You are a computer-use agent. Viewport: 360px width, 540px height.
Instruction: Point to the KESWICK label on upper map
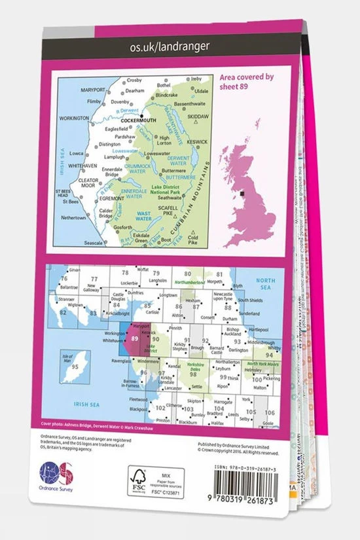[x=197, y=141]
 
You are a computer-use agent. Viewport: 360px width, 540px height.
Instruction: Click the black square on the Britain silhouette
[x=243, y=193]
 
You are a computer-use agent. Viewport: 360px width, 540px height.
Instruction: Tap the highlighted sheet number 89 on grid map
[x=134, y=338]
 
